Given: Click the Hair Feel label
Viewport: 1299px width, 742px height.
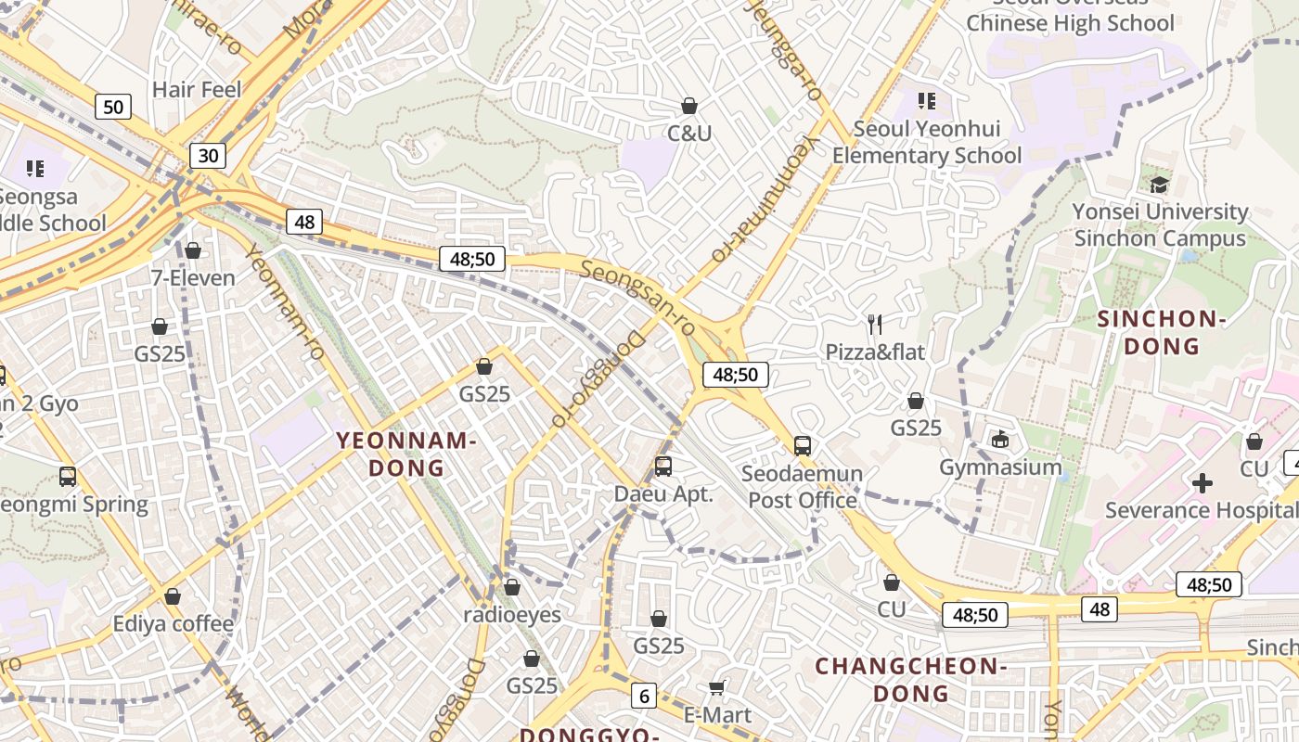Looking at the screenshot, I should (x=196, y=90).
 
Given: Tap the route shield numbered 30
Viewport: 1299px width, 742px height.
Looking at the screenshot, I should (x=208, y=155).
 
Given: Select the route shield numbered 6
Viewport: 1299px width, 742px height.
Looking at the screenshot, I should (x=643, y=695).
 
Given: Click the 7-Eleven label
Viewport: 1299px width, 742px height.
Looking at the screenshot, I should (x=193, y=277).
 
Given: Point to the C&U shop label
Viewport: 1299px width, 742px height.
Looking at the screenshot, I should (x=689, y=134).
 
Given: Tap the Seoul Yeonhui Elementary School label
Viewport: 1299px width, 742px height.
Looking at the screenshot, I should (x=926, y=142).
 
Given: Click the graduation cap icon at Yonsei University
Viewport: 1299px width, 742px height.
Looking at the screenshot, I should (x=1159, y=185).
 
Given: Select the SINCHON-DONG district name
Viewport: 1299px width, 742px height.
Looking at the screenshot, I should (x=1162, y=333).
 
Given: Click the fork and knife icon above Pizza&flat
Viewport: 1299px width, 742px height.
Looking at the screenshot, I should (x=874, y=324).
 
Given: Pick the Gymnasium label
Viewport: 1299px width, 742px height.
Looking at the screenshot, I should (x=1000, y=467).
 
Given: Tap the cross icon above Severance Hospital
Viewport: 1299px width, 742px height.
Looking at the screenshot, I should (x=1202, y=483).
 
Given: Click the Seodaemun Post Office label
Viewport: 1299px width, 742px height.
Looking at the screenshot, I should (x=803, y=487).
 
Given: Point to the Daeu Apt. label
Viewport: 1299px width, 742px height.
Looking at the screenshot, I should (x=663, y=494).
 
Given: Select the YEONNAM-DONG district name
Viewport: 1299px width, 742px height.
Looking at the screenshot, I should (x=406, y=454).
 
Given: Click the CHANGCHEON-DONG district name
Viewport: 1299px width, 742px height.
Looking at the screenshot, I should (x=911, y=679).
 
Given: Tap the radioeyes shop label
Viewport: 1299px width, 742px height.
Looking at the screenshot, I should (x=512, y=614).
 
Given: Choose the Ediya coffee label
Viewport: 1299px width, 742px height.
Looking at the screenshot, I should (x=174, y=623).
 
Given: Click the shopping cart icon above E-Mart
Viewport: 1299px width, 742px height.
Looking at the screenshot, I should (x=716, y=687).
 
